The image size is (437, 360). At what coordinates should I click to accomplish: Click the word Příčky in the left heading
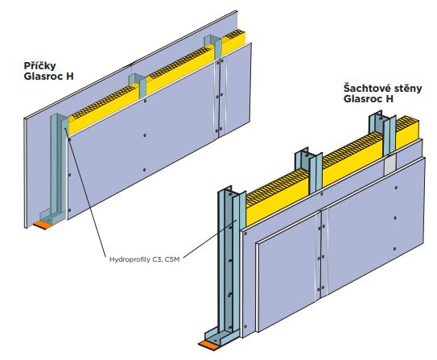coord(39,66)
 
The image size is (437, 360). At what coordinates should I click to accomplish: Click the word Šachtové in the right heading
coord(363,89)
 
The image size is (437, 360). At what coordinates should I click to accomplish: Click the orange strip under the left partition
coord(43,225)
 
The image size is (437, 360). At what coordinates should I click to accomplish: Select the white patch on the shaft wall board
coord(390,165)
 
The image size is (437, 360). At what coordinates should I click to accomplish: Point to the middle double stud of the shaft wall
coord(309,171)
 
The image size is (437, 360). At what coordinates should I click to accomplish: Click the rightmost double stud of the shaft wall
coord(382,133)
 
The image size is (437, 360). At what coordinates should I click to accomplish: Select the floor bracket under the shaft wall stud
coord(221,337)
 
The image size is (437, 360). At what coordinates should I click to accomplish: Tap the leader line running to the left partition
coord(86,192)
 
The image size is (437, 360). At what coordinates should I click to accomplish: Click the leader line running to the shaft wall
coord(209,238)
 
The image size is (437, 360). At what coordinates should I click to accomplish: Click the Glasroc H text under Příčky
coord(49,77)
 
